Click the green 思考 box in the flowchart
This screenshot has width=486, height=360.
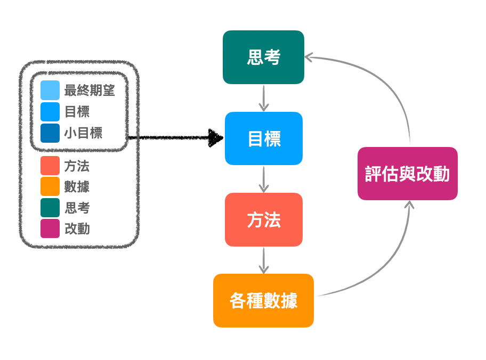(x=263, y=57)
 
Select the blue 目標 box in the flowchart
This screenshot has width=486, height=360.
(x=264, y=138)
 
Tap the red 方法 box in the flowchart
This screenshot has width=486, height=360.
(x=264, y=219)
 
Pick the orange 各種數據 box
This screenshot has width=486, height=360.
(x=263, y=300)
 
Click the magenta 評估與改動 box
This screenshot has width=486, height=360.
(x=407, y=174)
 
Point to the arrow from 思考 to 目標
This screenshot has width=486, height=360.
(x=263, y=98)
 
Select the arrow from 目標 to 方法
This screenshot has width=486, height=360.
(x=263, y=179)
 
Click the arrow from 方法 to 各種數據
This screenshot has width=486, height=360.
(x=263, y=260)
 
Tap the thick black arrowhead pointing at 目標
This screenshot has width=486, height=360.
(x=215, y=138)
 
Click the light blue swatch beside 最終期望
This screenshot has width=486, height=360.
(x=50, y=91)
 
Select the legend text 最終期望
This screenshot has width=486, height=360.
(x=90, y=91)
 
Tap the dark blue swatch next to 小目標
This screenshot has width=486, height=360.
(x=50, y=133)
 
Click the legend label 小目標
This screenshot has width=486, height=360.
(x=83, y=133)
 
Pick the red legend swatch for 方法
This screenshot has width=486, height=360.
(x=50, y=166)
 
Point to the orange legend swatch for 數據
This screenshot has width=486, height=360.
(x=50, y=186)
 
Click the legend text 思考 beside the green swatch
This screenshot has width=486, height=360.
(x=77, y=208)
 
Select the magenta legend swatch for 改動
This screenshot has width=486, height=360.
(x=50, y=228)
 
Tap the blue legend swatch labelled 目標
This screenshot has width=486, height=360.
(x=50, y=112)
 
